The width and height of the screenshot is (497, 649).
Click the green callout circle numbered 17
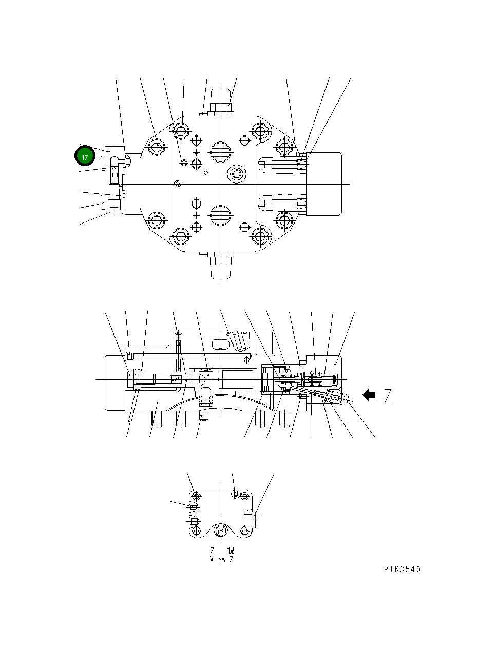click(84, 157)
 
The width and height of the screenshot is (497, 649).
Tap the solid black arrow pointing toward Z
click(369, 395)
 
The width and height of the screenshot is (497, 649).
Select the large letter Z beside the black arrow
click(388, 396)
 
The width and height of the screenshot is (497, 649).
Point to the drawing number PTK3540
click(402, 569)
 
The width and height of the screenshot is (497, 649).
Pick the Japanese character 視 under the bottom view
click(231, 551)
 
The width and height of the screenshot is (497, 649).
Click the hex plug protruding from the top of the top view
click(221, 102)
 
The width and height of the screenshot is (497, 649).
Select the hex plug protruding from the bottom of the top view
click(221, 264)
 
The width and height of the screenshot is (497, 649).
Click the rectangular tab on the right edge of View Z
click(250, 519)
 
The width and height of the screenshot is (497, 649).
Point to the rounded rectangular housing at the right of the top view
click(323, 184)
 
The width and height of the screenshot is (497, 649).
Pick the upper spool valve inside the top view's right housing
click(282, 164)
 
